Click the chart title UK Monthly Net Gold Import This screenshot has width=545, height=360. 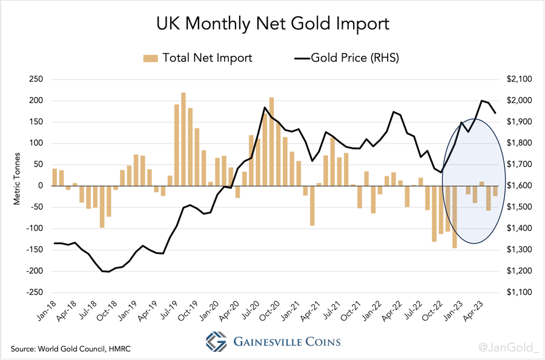pos(272,24)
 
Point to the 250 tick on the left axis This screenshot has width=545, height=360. pos(37,79)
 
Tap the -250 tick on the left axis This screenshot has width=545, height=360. pos(35,292)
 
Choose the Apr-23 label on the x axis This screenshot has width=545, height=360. pos(474,310)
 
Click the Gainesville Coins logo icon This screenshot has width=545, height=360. pos(216,341)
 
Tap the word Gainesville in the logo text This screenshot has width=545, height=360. pos(262,342)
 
